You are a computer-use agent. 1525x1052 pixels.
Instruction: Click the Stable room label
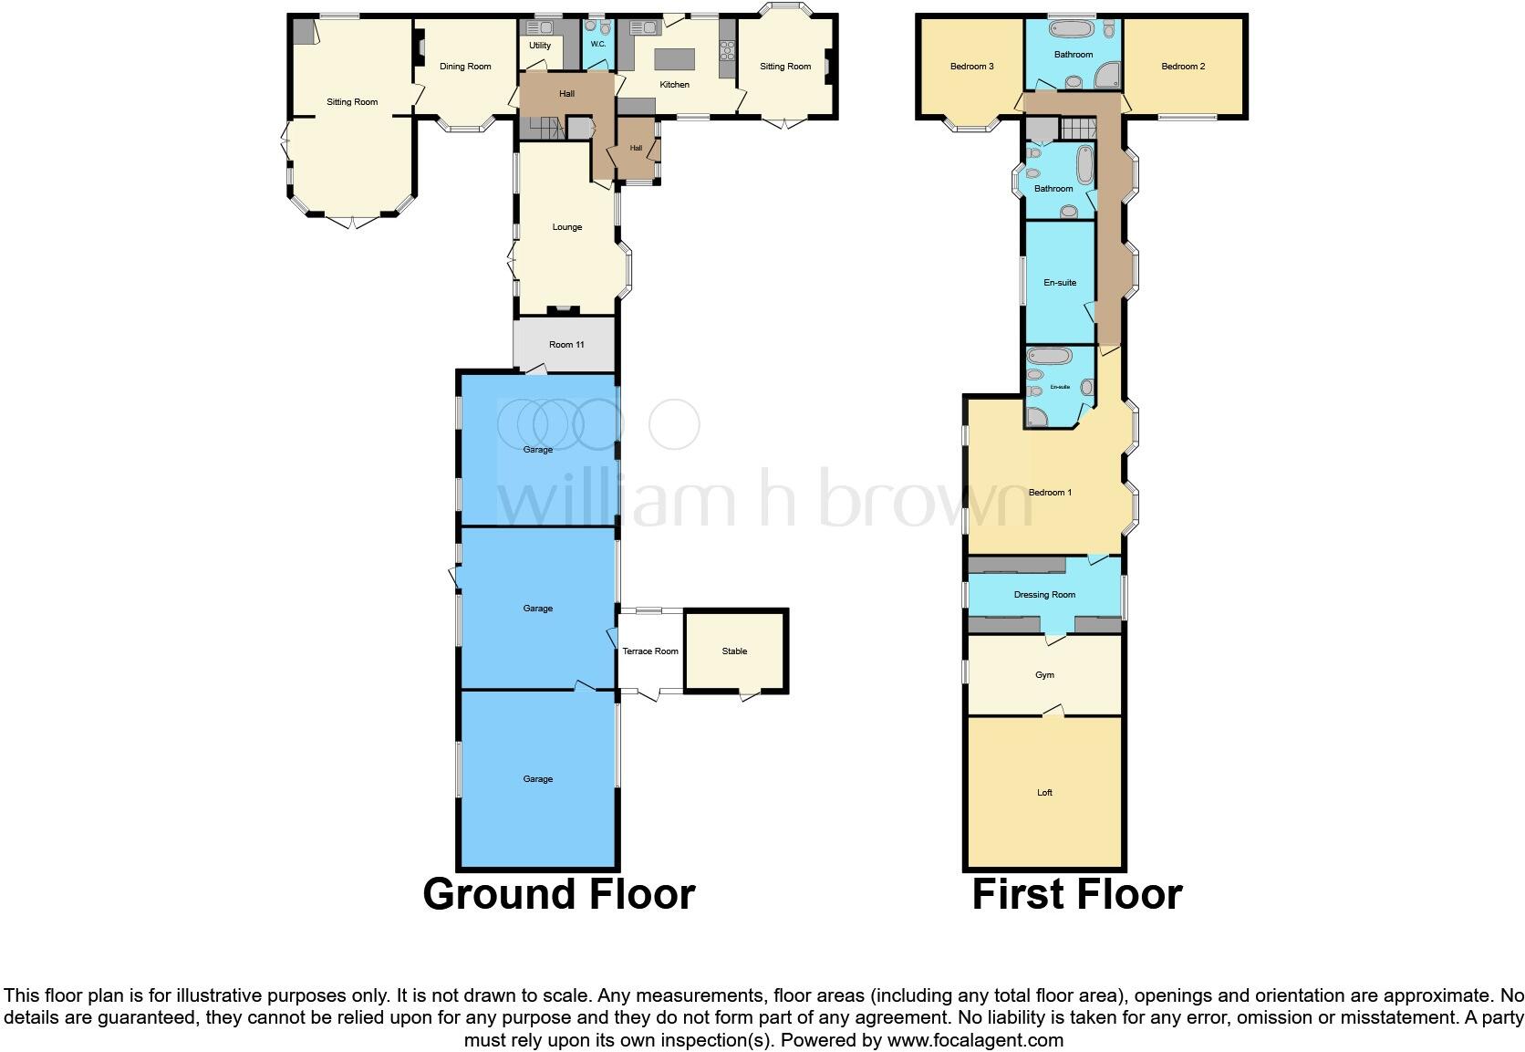(734, 651)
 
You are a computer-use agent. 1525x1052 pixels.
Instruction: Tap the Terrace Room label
(650, 651)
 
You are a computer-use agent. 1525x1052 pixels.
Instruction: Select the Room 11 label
(566, 345)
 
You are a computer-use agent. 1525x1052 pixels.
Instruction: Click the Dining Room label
(465, 67)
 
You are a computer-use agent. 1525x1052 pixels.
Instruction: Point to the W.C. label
(598, 44)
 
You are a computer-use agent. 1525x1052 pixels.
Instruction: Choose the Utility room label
(540, 46)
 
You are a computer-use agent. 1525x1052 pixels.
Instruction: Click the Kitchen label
(675, 85)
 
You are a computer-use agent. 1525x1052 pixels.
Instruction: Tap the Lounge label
(566, 227)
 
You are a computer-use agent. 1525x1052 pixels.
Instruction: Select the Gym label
(1044, 675)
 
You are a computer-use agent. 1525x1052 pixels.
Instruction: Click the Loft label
(1044, 793)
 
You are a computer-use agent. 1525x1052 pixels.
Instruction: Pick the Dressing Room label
(1044, 595)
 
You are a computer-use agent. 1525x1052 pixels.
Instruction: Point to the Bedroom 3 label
(971, 67)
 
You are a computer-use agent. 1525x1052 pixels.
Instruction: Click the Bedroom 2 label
(1183, 67)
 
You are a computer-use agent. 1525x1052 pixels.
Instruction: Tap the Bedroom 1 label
(1050, 493)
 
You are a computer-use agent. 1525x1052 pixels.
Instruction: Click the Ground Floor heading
(558, 894)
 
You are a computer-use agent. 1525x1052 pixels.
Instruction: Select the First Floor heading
(1076, 894)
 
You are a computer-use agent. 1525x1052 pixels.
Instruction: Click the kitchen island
(674, 59)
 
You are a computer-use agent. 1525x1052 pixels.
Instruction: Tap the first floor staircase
(1077, 128)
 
